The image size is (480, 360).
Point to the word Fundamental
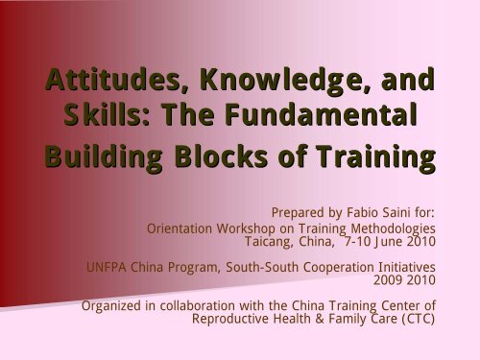pos(308,117)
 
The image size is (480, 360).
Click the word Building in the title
pos(110,156)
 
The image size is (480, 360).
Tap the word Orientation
pos(182,229)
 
